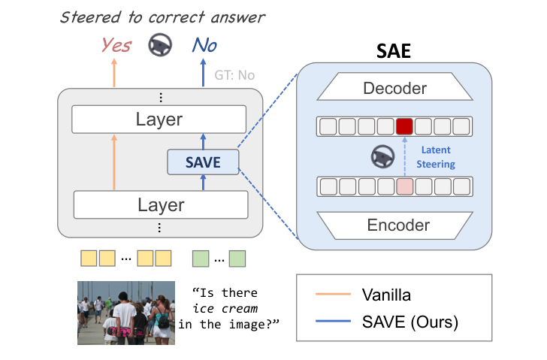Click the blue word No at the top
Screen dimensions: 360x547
pyautogui.click(x=204, y=46)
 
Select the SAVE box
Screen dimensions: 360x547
pyautogui.click(x=203, y=162)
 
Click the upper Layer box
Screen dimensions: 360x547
pyautogui.click(x=159, y=119)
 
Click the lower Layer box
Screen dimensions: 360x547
pyautogui.click(x=160, y=204)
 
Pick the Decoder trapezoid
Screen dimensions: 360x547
pyautogui.click(x=394, y=89)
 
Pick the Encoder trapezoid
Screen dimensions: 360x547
pyautogui.click(x=395, y=225)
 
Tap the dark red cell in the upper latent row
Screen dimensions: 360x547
pyautogui.click(x=405, y=126)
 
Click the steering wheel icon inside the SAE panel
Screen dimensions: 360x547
pyautogui.click(x=382, y=156)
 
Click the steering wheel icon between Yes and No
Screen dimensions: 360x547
pyautogui.click(x=159, y=47)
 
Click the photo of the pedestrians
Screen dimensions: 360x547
pyautogui.click(x=125, y=312)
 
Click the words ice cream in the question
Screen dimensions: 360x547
pyautogui.click(x=225, y=308)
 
